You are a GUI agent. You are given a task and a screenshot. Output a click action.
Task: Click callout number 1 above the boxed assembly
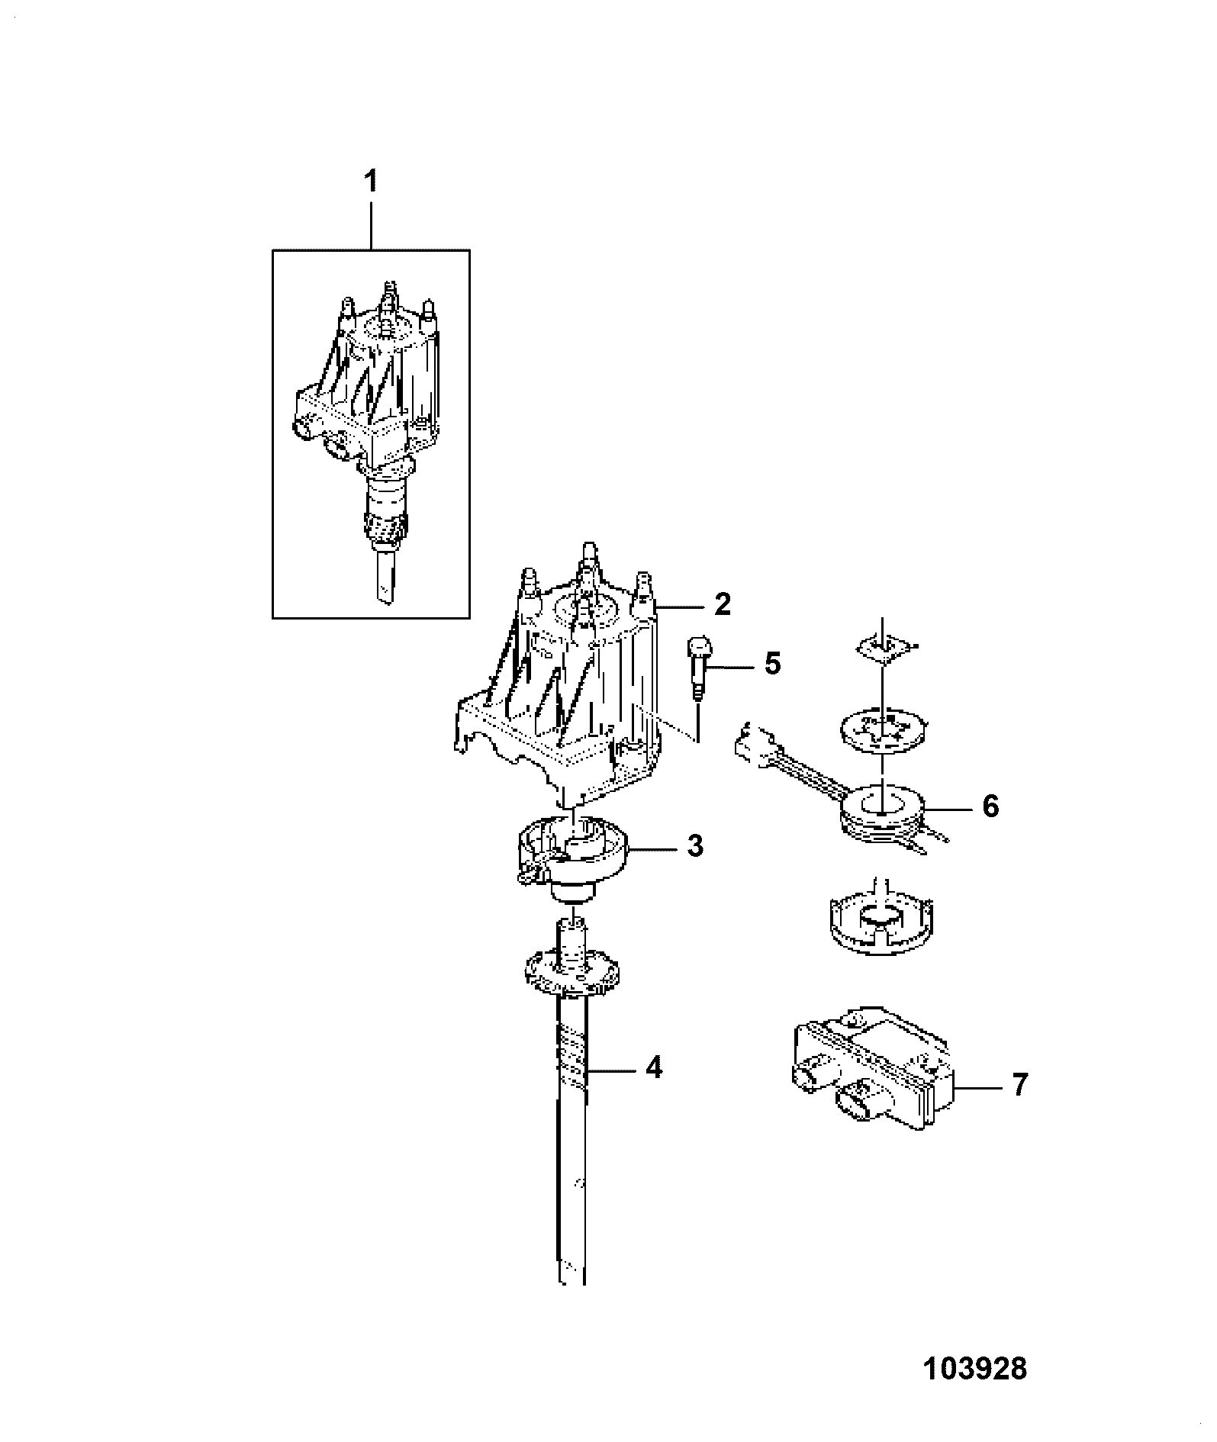pos(370,183)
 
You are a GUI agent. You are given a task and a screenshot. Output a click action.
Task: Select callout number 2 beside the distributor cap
pos(722,605)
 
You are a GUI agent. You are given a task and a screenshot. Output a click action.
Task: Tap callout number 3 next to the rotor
pos(694,847)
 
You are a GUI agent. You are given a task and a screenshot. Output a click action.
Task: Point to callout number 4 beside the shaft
pos(654,1067)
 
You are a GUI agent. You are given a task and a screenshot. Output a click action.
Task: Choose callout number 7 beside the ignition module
pos(1019,1085)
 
